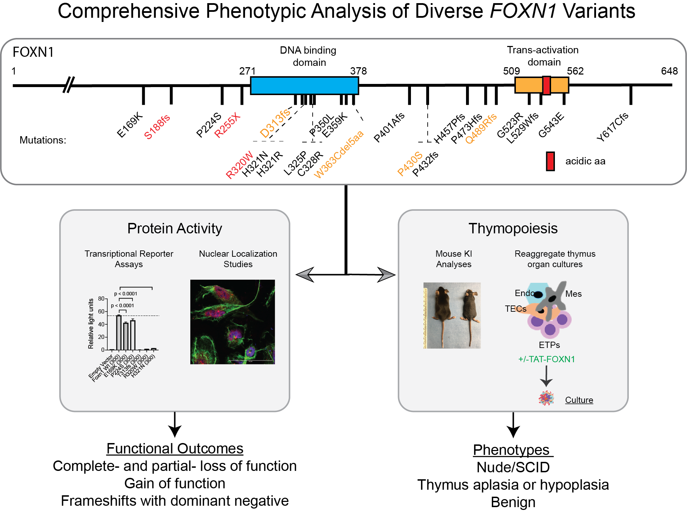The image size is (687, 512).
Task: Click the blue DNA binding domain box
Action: [304, 86]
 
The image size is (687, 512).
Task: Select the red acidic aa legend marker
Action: [550, 161]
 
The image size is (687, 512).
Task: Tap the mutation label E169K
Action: [129, 125]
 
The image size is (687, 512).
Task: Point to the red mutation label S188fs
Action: [157, 127]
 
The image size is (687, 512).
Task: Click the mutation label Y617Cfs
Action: [612, 127]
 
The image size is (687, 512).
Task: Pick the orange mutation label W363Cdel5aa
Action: [338, 154]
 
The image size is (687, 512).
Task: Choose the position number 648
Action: [669, 71]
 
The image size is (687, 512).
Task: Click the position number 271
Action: [247, 71]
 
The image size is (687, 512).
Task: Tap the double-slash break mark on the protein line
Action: [69, 85]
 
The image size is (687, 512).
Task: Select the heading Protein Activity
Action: [175, 228]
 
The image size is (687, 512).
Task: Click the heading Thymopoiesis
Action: [513, 228]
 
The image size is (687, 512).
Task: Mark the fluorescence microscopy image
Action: [232, 322]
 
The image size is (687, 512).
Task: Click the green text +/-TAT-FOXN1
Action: [546, 359]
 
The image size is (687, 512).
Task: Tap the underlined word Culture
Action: [579, 400]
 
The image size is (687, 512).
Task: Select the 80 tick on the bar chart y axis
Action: [101, 298]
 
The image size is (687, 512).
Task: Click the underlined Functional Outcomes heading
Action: [175, 449]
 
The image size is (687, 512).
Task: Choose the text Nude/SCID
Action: [513, 467]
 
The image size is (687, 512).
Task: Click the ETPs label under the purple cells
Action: [549, 345]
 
